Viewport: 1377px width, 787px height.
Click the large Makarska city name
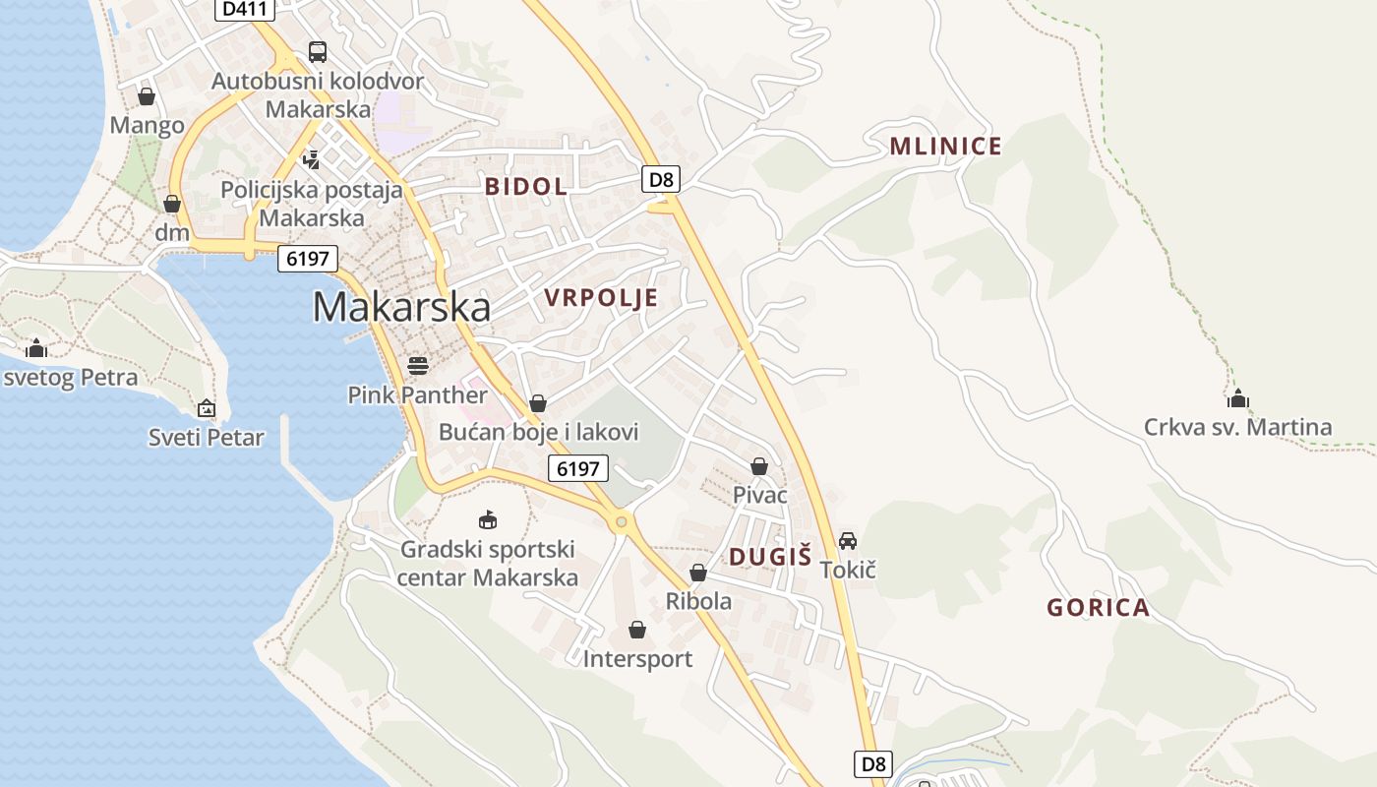pos(401,307)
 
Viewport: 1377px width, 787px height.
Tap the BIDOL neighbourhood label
pos(525,186)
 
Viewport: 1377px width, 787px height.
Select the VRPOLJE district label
pos(600,298)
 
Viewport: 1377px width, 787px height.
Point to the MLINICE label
pos(945,147)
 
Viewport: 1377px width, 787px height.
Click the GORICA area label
pos(1098,607)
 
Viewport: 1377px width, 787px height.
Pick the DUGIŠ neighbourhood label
pos(770,557)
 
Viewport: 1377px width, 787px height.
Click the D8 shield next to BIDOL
pos(662,179)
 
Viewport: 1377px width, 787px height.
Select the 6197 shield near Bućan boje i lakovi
pos(577,468)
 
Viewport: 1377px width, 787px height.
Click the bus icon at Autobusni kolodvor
pos(318,52)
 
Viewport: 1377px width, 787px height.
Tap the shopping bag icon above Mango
pos(147,96)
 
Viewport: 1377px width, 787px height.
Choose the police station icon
pos(312,158)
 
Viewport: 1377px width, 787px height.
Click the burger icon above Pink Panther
pos(418,366)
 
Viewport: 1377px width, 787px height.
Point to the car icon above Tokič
pos(848,540)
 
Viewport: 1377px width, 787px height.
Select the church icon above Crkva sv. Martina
pos(1237,397)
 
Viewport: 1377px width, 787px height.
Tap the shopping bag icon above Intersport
pos(637,630)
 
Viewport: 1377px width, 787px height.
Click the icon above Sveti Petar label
pos(207,407)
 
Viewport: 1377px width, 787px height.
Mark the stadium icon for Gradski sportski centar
pos(487,519)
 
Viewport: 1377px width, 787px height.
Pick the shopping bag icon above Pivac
pos(759,466)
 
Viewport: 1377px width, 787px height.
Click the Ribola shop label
pos(698,601)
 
